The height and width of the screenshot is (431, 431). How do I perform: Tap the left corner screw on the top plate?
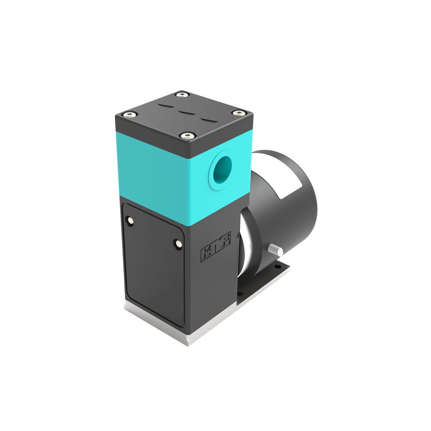(129, 115)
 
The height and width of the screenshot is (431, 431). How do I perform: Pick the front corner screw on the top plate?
(187, 135)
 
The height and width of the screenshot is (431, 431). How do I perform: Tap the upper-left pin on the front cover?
(129, 220)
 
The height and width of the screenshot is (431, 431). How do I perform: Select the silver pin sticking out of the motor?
(276, 250)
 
